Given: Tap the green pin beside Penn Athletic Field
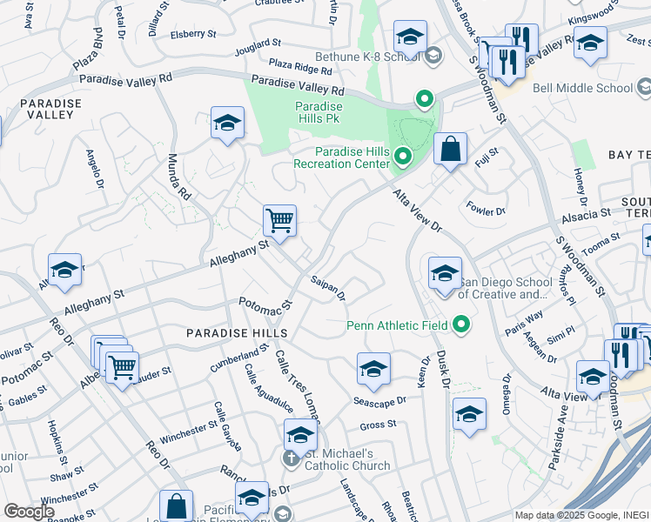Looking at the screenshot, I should (461, 325).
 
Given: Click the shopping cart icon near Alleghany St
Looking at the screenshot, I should (279, 220).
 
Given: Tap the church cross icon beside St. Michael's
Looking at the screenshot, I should (290, 457).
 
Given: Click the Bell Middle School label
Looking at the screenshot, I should (582, 88).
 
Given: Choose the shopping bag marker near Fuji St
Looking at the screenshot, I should (450, 149).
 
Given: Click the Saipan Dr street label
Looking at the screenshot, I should (328, 290).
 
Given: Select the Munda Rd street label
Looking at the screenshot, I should (179, 177).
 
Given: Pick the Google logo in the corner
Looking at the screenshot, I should (29, 511).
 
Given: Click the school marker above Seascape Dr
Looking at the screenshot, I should (373, 369).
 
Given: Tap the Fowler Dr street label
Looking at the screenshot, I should (487, 211).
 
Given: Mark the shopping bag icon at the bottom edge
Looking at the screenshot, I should (176, 506).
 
